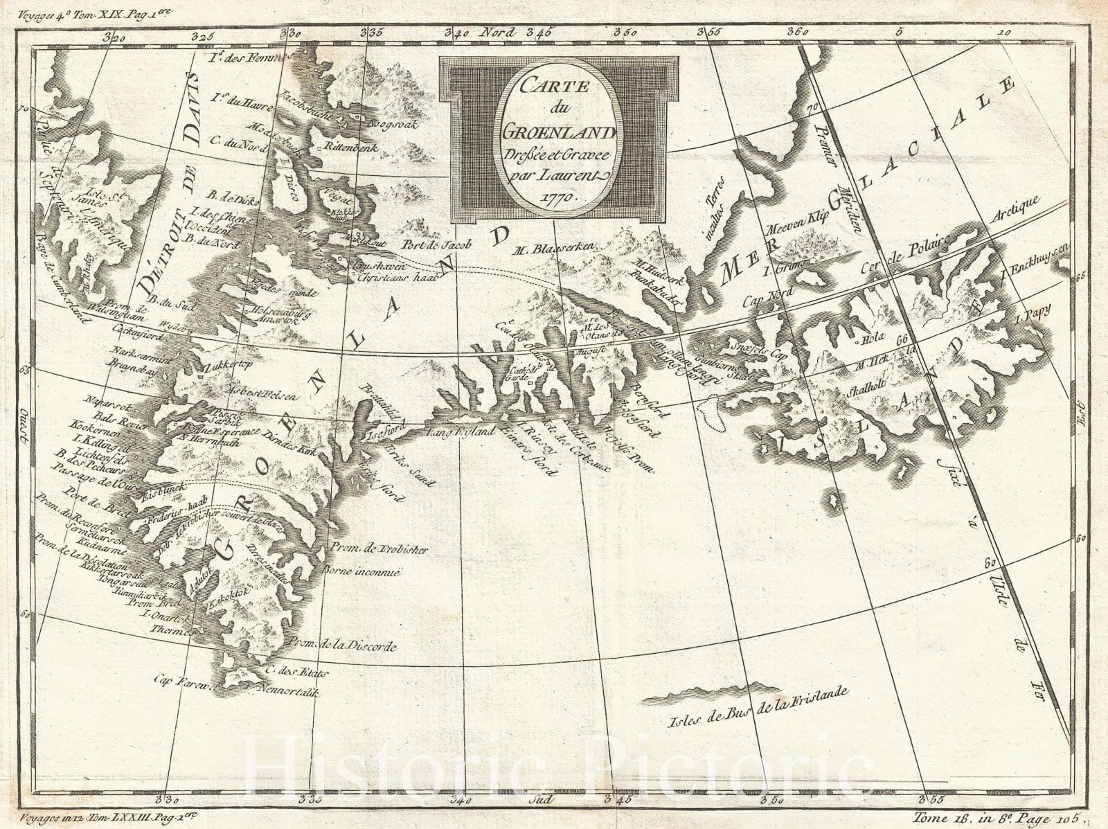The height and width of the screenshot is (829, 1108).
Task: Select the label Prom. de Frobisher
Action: [x=380, y=549]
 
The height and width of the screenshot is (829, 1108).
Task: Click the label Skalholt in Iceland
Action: [x=864, y=390]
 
